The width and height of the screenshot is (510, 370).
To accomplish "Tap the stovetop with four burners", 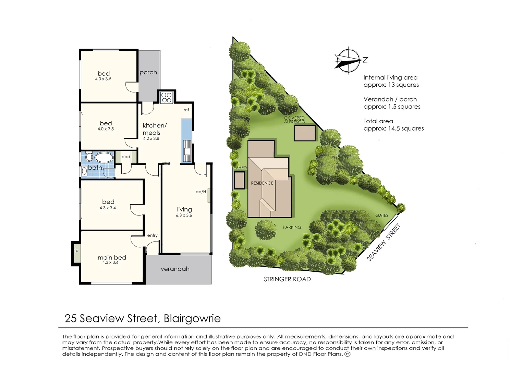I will pyautogui.click(x=167, y=97).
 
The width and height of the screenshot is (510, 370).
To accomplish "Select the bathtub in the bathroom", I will pyautogui.click(x=104, y=158).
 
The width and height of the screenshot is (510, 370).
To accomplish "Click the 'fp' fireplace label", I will pyautogui.click(x=76, y=251).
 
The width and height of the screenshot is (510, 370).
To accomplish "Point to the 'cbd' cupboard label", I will pyautogui.click(x=126, y=157).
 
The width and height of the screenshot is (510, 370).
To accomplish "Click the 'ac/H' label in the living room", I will pyautogui.click(x=201, y=192).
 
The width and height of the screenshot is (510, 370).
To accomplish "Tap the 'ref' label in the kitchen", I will pyautogui.click(x=186, y=110).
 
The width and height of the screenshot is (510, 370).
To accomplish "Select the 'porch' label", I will pyautogui.click(x=148, y=72).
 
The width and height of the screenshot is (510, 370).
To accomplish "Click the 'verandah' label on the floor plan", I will pyautogui.click(x=175, y=269).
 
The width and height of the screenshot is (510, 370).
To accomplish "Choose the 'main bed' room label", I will pyautogui.click(x=112, y=257).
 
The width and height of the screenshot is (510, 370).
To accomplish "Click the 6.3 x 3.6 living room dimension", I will pyautogui.click(x=184, y=215).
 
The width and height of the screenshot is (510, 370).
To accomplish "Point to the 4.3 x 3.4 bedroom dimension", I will pyautogui.click(x=108, y=208).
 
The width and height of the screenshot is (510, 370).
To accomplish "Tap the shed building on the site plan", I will pyautogui.click(x=239, y=180).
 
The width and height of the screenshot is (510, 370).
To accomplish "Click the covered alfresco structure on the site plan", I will pyautogui.click(x=305, y=133).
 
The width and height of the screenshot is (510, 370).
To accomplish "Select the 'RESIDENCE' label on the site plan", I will pyautogui.click(x=262, y=183).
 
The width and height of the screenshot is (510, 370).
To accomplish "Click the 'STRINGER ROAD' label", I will pyautogui.click(x=287, y=279).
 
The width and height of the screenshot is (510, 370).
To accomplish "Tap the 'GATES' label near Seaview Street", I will pyautogui.click(x=381, y=215).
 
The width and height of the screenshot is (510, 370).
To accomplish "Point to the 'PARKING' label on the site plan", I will pyautogui.click(x=292, y=227).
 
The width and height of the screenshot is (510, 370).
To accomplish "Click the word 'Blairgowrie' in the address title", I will pyautogui.click(x=192, y=318).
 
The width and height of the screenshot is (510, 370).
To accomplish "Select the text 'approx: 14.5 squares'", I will pyautogui.click(x=393, y=128).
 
